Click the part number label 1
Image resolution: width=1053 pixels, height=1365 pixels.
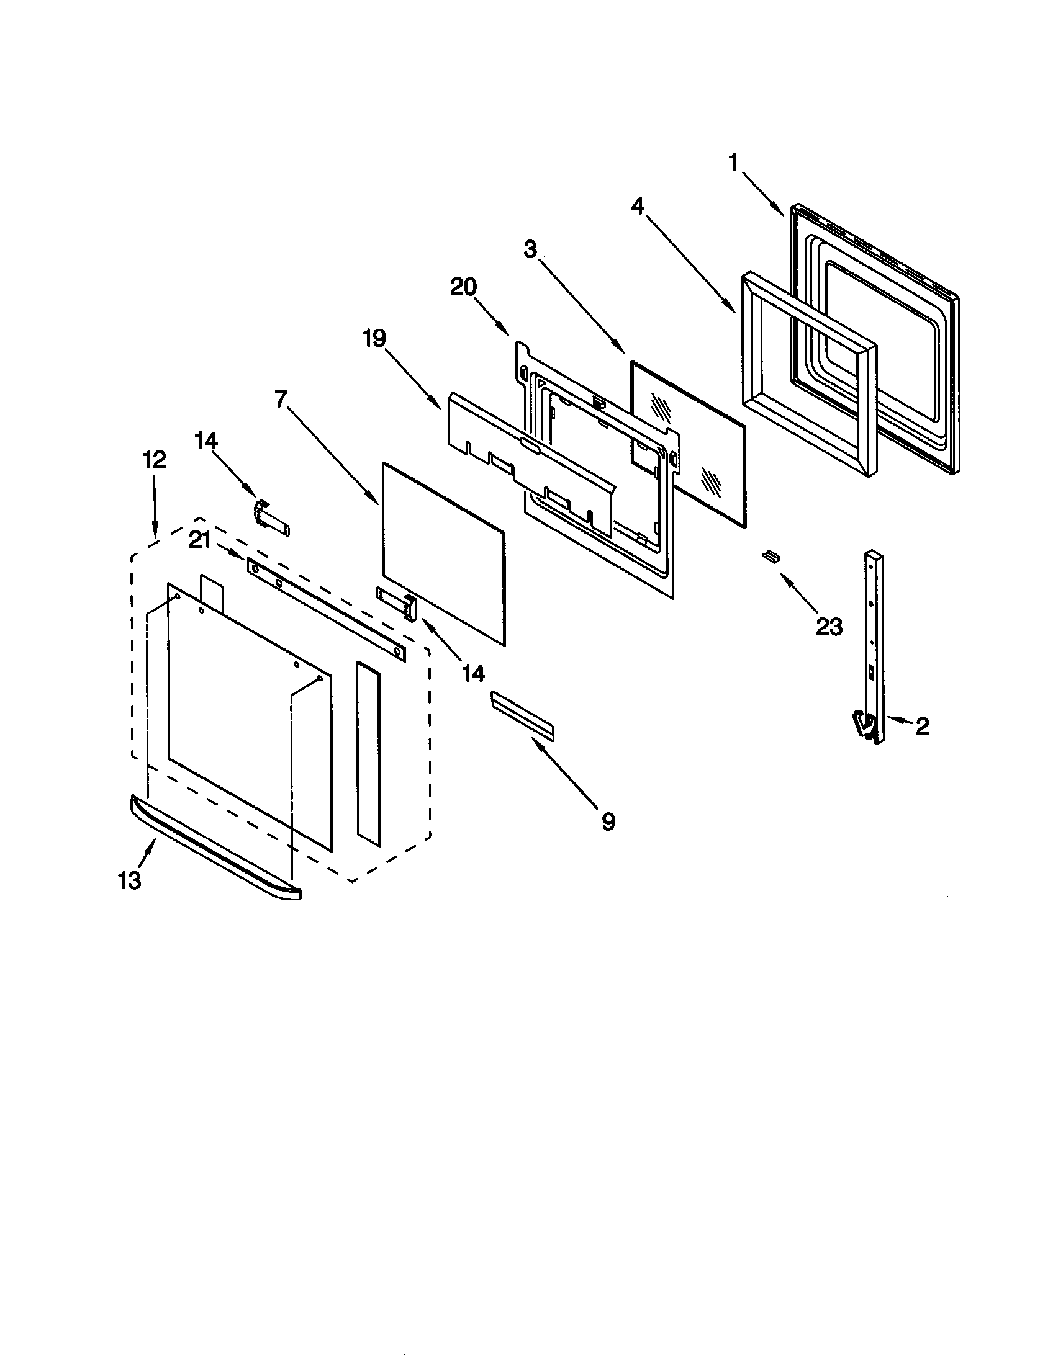tap(733, 163)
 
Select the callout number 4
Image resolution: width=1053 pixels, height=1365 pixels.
tap(637, 205)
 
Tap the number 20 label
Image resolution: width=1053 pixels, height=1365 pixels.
tap(463, 287)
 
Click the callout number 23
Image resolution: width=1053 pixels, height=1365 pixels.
tap(829, 626)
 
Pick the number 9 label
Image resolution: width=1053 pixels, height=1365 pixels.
tap(608, 821)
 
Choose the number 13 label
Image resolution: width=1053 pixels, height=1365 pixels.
tap(130, 880)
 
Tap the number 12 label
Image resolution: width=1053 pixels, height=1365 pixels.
tap(155, 459)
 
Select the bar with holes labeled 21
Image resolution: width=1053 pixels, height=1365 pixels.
tap(326, 609)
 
